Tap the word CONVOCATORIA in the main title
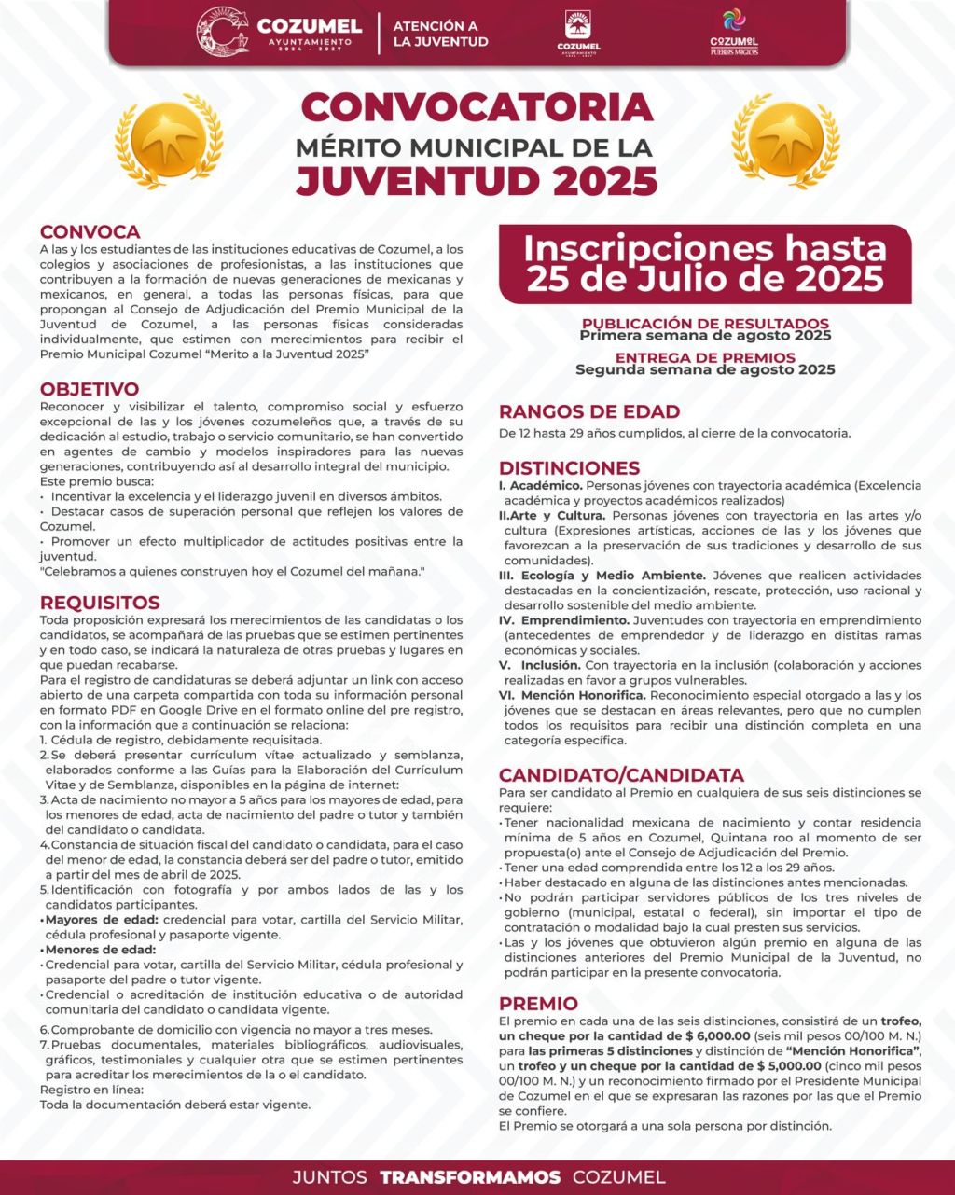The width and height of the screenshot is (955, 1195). pyautogui.click(x=477, y=107)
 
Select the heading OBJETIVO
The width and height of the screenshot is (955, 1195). pyautogui.click(x=90, y=389)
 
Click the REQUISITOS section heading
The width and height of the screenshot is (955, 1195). pyautogui.click(x=100, y=603)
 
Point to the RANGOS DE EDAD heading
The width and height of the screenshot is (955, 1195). pyautogui.click(x=589, y=411)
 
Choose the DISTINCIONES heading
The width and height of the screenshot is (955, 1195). pyautogui.click(x=569, y=467)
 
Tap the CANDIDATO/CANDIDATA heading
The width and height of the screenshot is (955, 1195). pyautogui.click(x=621, y=775)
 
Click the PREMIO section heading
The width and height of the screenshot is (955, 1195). pyautogui.click(x=538, y=1004)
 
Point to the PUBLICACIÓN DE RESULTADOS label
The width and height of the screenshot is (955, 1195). pyautogui.click(x=705, y=324)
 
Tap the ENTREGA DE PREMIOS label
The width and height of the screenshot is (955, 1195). pyautogui.click(x=705, y=357)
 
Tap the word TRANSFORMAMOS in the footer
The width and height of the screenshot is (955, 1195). pyautogui.click(x=470, y=1177)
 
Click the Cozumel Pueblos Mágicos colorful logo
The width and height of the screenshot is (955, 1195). pyautogui.click(x=734, y=33)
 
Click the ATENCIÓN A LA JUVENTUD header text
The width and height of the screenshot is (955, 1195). pyautogui.click(x=440, y=34)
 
